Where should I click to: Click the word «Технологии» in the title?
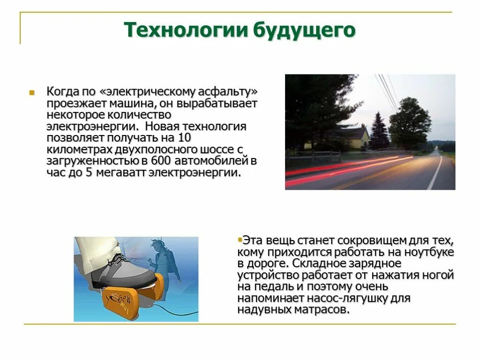[x=186, y=30]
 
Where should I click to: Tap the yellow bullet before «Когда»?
[x=32, y=92]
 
